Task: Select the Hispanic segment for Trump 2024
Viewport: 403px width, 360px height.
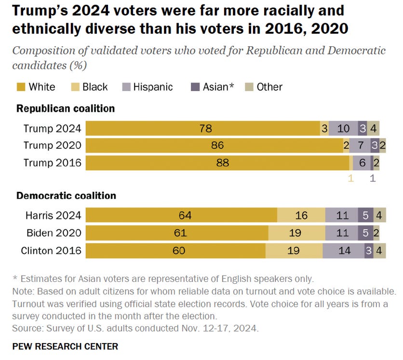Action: click(x=344, y=128)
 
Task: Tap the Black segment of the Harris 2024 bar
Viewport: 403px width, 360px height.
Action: click(x=301, y=215)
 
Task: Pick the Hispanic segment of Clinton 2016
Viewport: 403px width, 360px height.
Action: click(x=343, y=251)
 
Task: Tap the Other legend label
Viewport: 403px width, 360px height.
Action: click(x=269, y=87)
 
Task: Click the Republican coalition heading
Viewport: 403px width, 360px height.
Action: click(x=66, y=108)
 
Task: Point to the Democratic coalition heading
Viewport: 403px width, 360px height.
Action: click(x=66, y=196)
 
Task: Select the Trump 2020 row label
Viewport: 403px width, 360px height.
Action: click(x=53, y=146)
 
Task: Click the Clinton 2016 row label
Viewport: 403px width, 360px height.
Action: click(x=51, y=251)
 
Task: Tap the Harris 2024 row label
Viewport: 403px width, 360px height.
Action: click(x=53, y=215)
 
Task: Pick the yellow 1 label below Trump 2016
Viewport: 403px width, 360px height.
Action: click(x=350, y=178)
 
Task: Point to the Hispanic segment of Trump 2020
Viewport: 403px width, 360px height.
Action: click(x=360, y=146)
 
